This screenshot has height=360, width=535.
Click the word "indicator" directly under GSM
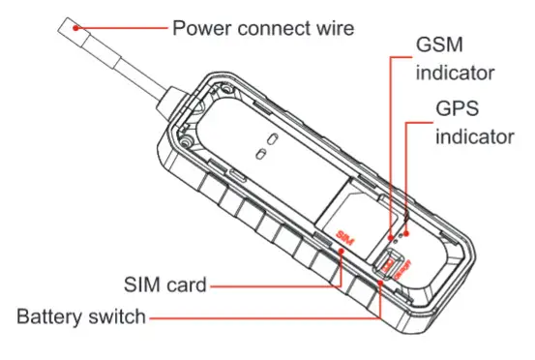455,73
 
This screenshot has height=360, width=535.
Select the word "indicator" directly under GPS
475,135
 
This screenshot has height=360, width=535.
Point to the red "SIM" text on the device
346,236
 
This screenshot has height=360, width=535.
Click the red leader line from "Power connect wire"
126,27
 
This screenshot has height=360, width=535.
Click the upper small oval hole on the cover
272,137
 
